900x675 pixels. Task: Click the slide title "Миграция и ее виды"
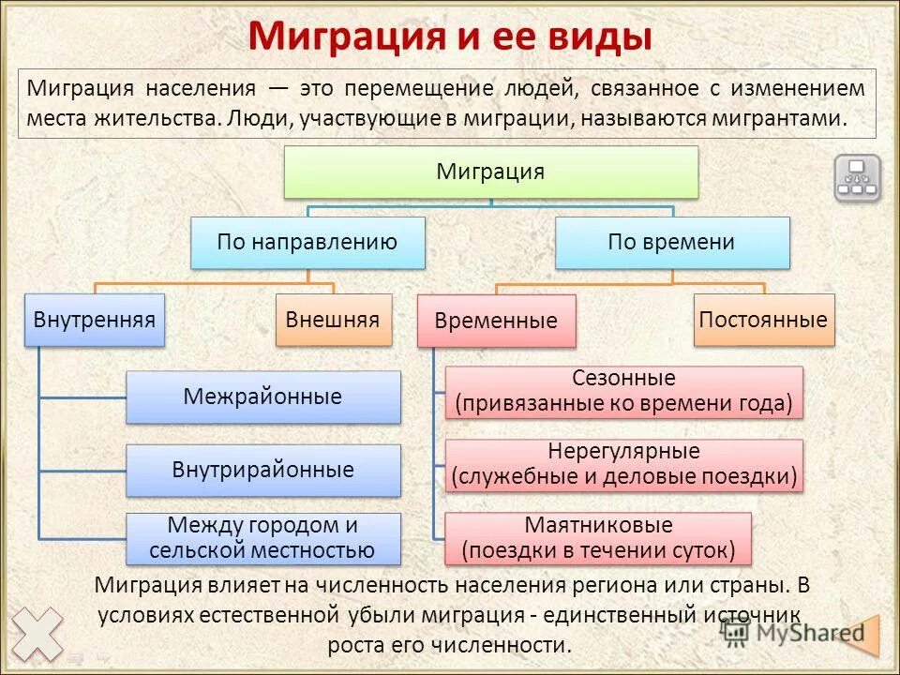450,37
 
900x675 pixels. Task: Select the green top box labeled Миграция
490,172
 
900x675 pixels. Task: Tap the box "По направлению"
307,242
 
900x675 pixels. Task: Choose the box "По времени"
671,242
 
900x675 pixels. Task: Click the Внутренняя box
95,320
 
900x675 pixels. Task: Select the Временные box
496,321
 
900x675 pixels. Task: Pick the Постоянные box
763,320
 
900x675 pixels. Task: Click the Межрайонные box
262,397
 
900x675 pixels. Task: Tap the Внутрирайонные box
262,470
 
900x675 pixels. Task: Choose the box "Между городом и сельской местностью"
262,538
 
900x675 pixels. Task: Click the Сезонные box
623,392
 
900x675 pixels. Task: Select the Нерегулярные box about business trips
623,465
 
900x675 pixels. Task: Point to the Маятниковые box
597,538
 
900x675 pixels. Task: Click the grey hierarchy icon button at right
857,178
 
